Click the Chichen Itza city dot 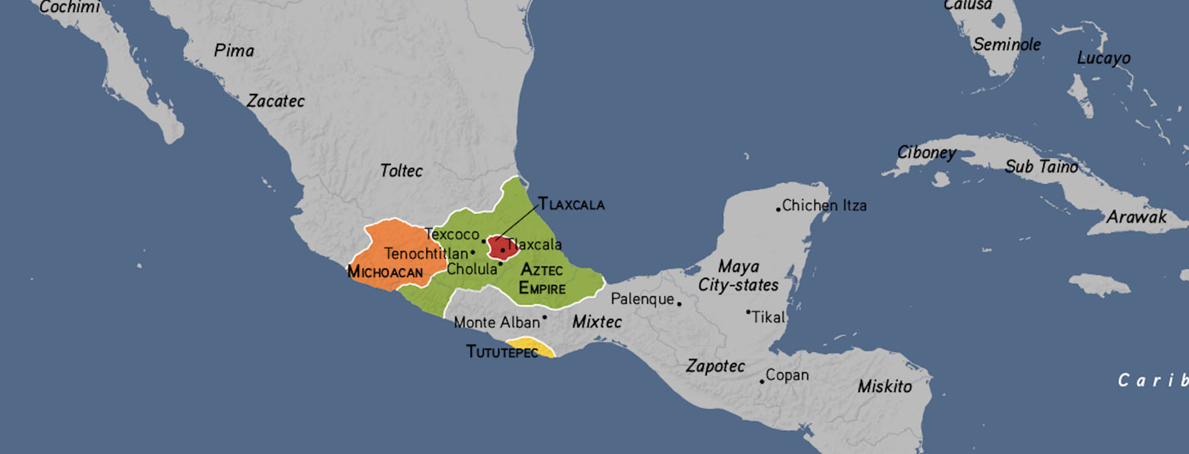pyautogui.click(x=778, y=209)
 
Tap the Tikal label pyautogui.click(x=768, y=317)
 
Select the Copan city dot pyautogui.click(x=762, y=381)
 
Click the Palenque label pyautogui.click(x=642, y=299)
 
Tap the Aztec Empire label pyautogui.click(x=541, y=279)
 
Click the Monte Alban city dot pyautogui.click(x=545, y=317)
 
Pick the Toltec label pyautogui.click(x=401, y=171)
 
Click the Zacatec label pyautogui.click(x=275, y=101)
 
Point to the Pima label pyautogui.click(x=234, y=51)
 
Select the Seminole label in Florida pyautogui.click(x=1006, y=45)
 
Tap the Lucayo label pyautogui.click(x=1103, y=58)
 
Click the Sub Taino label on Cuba pyautogui.click(x=1041, y=167)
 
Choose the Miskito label pyautogui.click(x=884, y=387)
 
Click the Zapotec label pyautogui.click(x=715, y=366)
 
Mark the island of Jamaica pyautogui.click(x=1100, y=284)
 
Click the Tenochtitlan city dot pyautogui.click(x=473, y=252)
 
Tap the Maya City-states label pyautogui.click(x=738, y=275)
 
